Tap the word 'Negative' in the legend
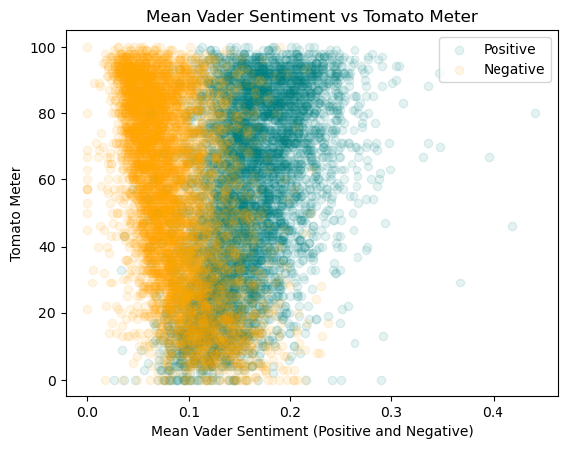[x=520, y=69]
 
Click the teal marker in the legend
[x=473, y=48]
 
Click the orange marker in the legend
[x=473, y=69]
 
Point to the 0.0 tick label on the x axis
[x=87, y=407]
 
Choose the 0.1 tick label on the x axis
[x=189, y=407]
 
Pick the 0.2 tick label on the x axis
[x=290, y=407]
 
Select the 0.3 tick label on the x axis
[x=391, y=407]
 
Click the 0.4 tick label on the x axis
[x=493, y=407]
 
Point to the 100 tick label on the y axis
[x=45, y=48]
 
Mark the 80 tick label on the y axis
[x=49, y=114]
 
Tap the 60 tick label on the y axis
[x=49, y=180]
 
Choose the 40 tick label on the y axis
[x=49, y=247]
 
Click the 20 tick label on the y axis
[x=49, y=313]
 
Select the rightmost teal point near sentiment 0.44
[x=535, y=113]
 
